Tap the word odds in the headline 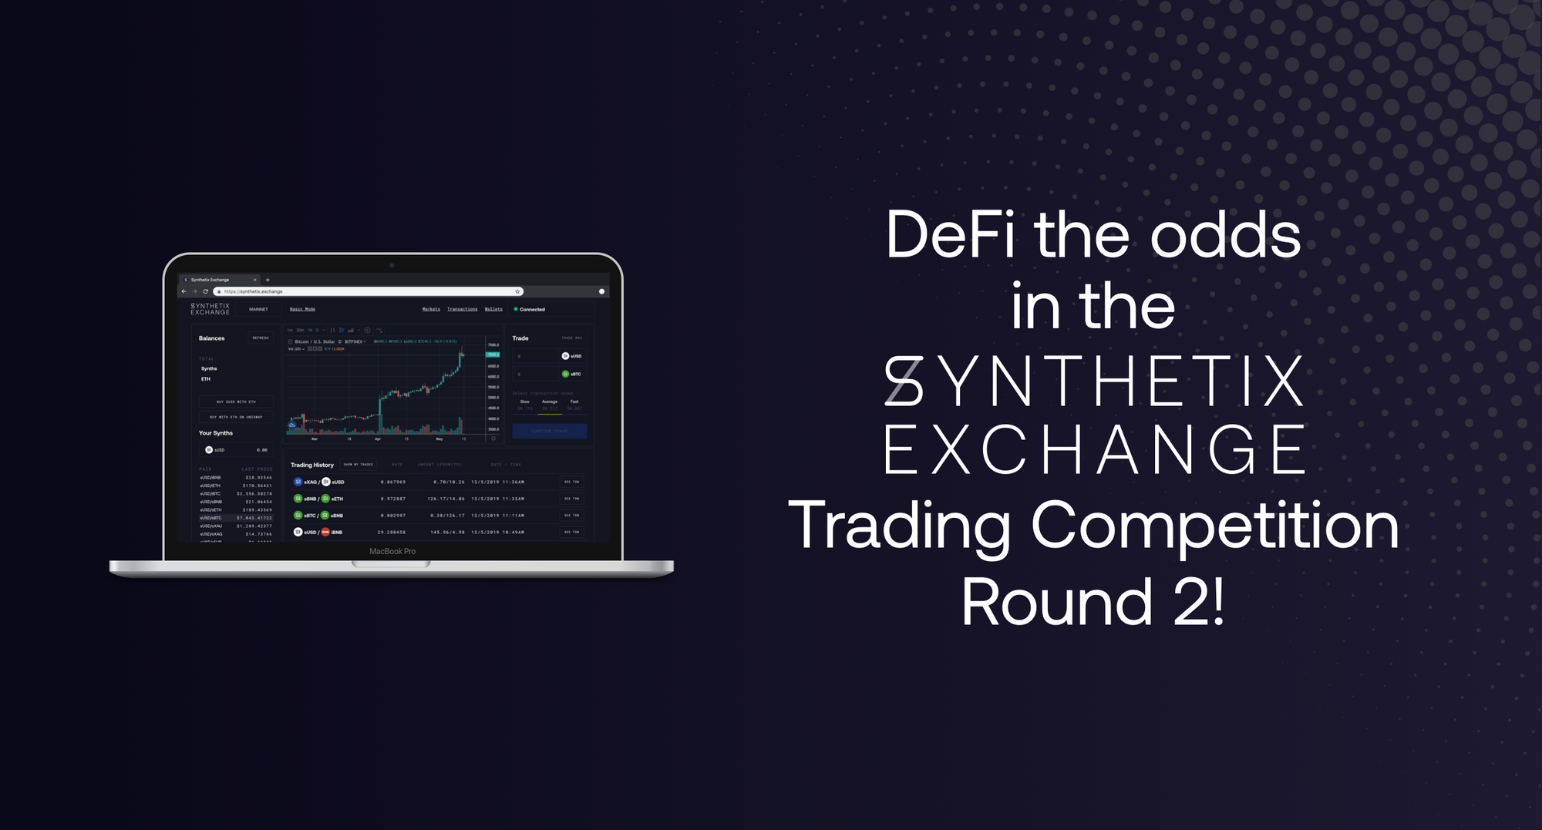tap(1225, 235)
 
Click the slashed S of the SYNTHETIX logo tap(904, 381)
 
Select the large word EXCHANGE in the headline tap(1094, 449)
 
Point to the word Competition tap(1214, 526)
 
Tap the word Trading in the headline tap(899, 526)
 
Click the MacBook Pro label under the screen tap(392, 551)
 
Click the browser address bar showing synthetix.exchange tap(369, 291)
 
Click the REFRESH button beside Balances tap(261, 338)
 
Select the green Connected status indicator tap(529, 309)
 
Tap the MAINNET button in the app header tap(258, 309)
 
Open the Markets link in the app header tap(431, 309)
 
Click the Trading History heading tap(312, 465)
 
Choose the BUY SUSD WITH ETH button tap(236, 402)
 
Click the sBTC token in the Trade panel tap(571, 374)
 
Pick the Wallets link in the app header tap(493, 309)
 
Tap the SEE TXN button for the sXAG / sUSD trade tap(571, 482)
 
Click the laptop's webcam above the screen tap(392, 265)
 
